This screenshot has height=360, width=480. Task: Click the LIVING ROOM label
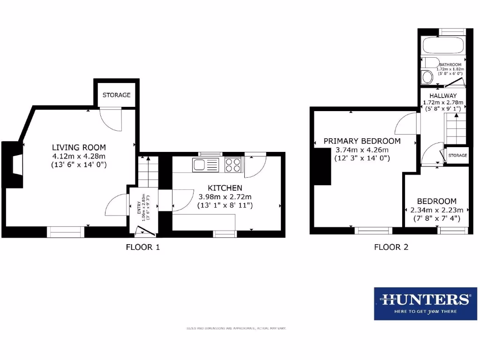(79, 147)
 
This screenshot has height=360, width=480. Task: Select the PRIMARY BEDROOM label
(362, 141)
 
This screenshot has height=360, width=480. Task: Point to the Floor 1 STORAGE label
(116, 95)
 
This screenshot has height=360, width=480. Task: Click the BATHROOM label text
(450, 65)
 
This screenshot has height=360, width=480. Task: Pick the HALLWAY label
(443, 96)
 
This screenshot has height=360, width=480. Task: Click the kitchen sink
(205, 165)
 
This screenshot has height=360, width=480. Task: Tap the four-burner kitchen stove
(233, 165)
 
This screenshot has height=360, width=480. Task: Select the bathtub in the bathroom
(443, 46)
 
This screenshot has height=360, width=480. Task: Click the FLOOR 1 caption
(143, 247)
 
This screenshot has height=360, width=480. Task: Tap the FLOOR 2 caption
(391, 247)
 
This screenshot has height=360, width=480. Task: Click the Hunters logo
(425, 303)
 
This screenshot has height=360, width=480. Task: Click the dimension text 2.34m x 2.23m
(436, 210)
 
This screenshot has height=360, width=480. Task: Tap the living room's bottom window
(65, 230)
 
